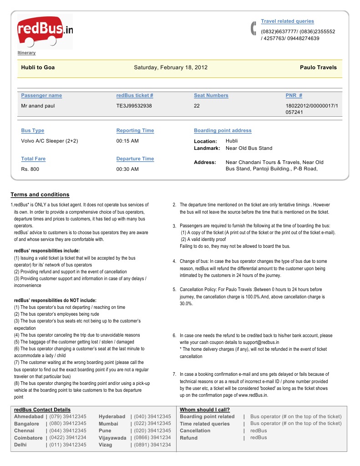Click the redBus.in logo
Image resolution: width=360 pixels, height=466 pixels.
pyautogui.click(x=45, y=31)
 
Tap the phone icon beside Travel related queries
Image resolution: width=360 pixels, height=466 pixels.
pyautogui.click(x=254, y=28)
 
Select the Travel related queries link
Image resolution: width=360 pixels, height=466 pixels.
pyautogui.click(x=287, y=21)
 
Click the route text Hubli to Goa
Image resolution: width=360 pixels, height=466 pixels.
pyautogui.click(x=38, y=67)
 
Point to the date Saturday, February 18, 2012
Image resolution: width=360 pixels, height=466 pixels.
pyautogui.click(x=171, y=67)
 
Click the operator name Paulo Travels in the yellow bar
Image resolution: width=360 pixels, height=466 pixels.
pyautogui.click(x=318, y=67)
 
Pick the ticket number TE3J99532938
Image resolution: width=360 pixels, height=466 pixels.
pyautogui.click(x=134, y=106)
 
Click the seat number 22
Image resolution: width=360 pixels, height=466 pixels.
pyautogui.click(x=197, y=106)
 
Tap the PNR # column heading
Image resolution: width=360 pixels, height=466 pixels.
pyautogui.click(x=294, y=96)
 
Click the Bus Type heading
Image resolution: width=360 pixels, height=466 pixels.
pyautogui.click(x=33, y=131)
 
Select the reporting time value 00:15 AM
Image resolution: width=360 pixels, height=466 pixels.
pyautogui.click(x=127, y=141)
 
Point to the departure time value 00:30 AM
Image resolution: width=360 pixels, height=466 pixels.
pyautogui.click(x=127, y=169)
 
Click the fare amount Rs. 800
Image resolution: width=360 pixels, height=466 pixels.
pyautogui.click(x=30, y=169)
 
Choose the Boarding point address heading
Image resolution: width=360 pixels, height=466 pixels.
pyautogui.click(x=223, y=131)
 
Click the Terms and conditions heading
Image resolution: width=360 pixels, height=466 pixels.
pyautogui.click(x=40, y=195)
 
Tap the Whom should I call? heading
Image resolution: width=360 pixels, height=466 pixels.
pyautogui.click(x=205, y=410)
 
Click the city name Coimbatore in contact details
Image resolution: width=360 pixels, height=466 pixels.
pyautogui.click(x=28, y=438)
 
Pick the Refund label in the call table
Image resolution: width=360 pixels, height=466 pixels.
pyautogui.click(x=189, y=438)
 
